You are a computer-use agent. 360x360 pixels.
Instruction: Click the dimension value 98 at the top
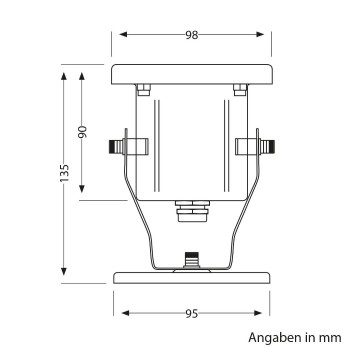191,34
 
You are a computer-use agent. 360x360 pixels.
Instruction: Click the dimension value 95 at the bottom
191,313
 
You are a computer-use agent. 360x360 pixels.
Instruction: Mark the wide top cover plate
191,76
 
